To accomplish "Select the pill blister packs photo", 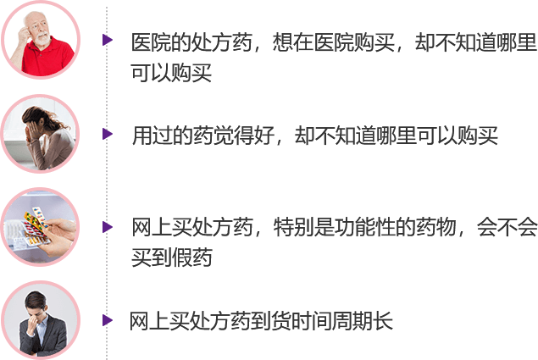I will (x=39, y=227).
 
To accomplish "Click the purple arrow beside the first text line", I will (x=107, y=40).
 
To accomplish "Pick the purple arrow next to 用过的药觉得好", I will (x=107, y=133).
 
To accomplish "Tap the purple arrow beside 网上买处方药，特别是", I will (x=107, y=226).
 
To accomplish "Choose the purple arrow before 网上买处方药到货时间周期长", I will (x=107, y=319).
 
